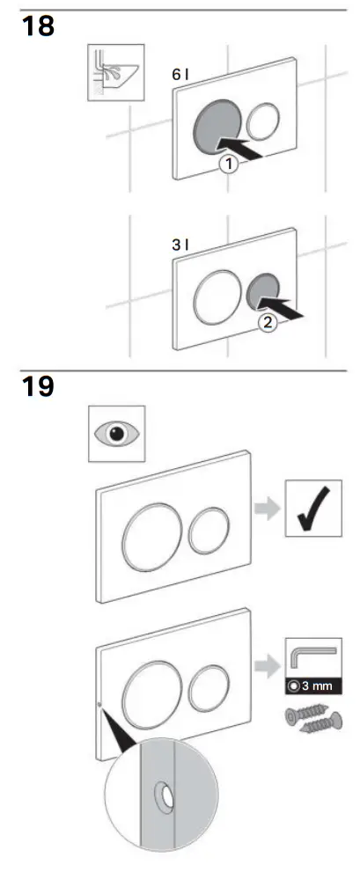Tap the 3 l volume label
pyautogui.click(x=180, y=245)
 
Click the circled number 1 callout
pyautogui.click(x=228, y=165)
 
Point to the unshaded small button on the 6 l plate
pyautogui.click(x=262, y=121)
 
